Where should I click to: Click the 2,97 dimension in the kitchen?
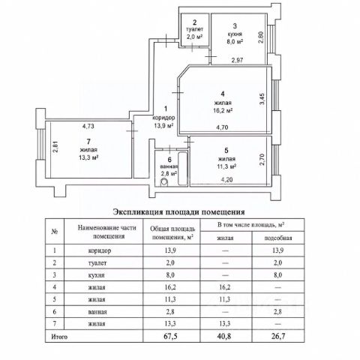coord(237,60)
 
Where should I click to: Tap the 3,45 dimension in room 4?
coord(262,99)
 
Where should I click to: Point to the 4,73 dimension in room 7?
coord(88,126)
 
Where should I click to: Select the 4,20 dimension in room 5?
coord(226,179)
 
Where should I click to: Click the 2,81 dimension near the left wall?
coord(55,147)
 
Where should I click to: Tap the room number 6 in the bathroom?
coord(169,160)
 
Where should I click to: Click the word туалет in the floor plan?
coord(195,29)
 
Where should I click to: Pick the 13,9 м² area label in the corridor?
coord(163,125)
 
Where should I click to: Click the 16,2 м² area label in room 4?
coord(223,110)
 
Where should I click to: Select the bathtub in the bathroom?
coord(182,169)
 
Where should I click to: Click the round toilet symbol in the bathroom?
coord(164,181)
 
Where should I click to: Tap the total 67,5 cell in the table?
coord(170,336)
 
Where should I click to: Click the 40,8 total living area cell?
coord(225,336)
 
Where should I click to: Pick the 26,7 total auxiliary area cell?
coord(278,336)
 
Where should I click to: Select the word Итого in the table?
coord(59,337)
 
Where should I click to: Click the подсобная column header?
coord(278,238)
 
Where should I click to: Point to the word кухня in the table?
coord(97,275)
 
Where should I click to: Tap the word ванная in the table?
coord(97,312)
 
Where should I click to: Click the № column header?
coord(55,232)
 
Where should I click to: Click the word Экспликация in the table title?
coord(137,212)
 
